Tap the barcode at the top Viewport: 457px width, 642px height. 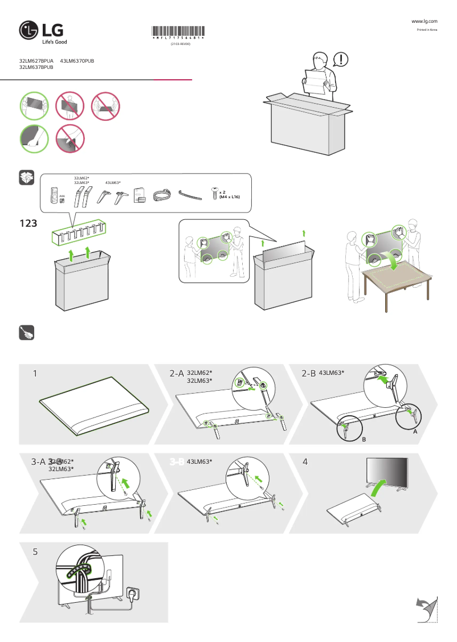pos(179,32)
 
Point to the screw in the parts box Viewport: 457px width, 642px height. pos(215,193)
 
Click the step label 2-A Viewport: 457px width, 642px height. pos(176,374)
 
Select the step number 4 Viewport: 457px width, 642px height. pos(305,462)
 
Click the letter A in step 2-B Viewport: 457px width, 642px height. pos(415,432)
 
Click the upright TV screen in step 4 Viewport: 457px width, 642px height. pos(387,471)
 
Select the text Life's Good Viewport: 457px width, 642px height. pos(55,42)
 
